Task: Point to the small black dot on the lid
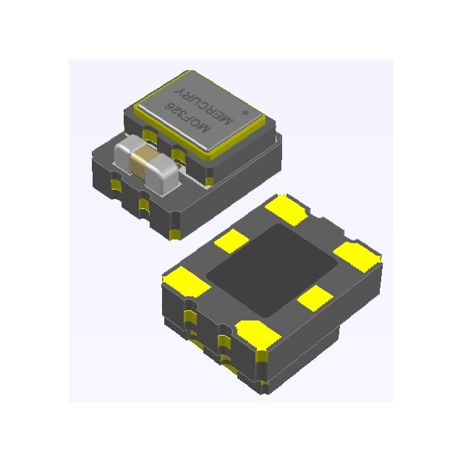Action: [246, 113]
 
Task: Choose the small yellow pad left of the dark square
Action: [232, 241]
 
